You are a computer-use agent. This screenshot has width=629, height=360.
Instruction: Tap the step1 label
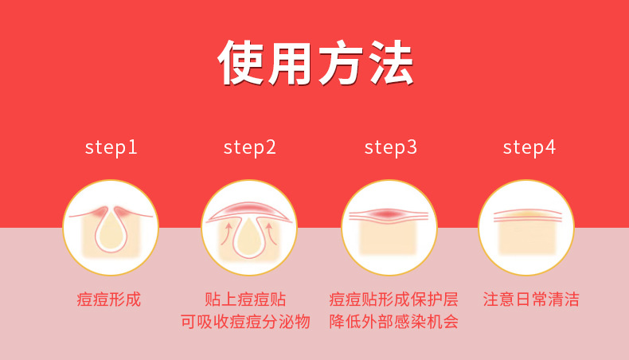pyautogui.click(x=111, y=148)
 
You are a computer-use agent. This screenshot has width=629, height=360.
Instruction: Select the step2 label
pyautogui.click(x=249, y=148)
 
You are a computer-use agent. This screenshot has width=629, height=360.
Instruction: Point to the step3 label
pyautogui.click(x=390, y=148)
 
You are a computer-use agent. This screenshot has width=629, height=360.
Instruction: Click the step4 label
pyautogui.click(x=529, y=148)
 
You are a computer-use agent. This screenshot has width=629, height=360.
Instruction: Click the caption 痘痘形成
pyautogui.click(x=109, y=299)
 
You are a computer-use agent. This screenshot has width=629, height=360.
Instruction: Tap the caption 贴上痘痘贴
pyautogui.click(x=245, y=299)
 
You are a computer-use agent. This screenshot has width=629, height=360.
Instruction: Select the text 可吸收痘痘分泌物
pyautogui.click(x=245, y=322)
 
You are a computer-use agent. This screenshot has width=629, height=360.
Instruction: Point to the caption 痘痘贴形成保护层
pyautogui.click(x=393, y=299)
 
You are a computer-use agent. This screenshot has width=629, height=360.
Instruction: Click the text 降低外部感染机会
pyautogui.click(x=393, y=322)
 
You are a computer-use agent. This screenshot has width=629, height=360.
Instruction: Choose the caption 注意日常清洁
pyautogui.click(x=531, y=299)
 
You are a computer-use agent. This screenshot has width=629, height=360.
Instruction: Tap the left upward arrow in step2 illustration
pyautogui.click(x=227, y=233)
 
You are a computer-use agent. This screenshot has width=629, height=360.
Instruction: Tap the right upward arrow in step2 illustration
pyautogui.click(x=272, y=233)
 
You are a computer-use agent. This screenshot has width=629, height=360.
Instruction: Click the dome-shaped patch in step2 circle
pyautogui.click(x=249, y=212)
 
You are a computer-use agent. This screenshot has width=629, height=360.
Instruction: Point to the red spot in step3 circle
pyautogui.click(x=387, y=214)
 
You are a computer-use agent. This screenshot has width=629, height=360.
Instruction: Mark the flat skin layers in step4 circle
pyautogui.click(x=527, y=215)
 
